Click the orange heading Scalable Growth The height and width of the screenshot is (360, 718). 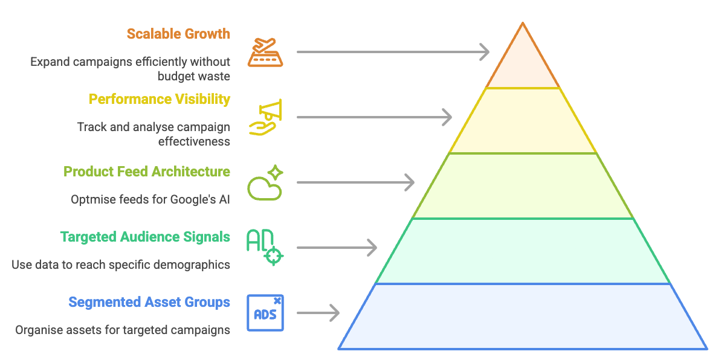(x=178, y=34)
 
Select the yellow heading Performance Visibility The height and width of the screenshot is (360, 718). (x=160, y=99)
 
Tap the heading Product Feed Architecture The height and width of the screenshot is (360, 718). (x=147, y=172)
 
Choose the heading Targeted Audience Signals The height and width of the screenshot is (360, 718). (x=145, y=237)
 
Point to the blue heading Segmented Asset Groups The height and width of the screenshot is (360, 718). (x=149, y=302)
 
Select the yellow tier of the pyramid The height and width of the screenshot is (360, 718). (x=523, y=121)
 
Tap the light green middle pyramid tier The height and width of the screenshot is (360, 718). (x=523, y=186)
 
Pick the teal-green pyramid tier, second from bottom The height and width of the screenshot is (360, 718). (x=523, y=251)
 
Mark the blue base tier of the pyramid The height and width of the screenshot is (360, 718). (x=523, y=317)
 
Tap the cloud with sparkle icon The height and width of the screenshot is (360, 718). (x=265, y=182)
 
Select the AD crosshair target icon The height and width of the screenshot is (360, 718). (x=265, y=247)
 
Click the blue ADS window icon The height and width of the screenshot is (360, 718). (x=265, y=313)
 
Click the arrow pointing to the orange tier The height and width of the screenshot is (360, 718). (x=393, y=53)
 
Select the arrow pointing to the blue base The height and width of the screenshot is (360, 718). (x=318, y=313)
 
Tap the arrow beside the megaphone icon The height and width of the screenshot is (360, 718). (x=374, y=117)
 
